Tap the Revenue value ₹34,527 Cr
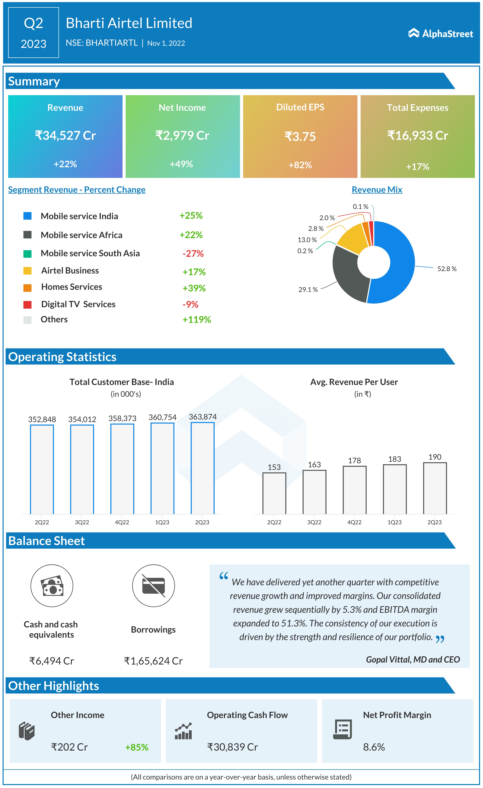65,136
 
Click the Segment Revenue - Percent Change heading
77,190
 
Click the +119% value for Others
196,320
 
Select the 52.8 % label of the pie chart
447,269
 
